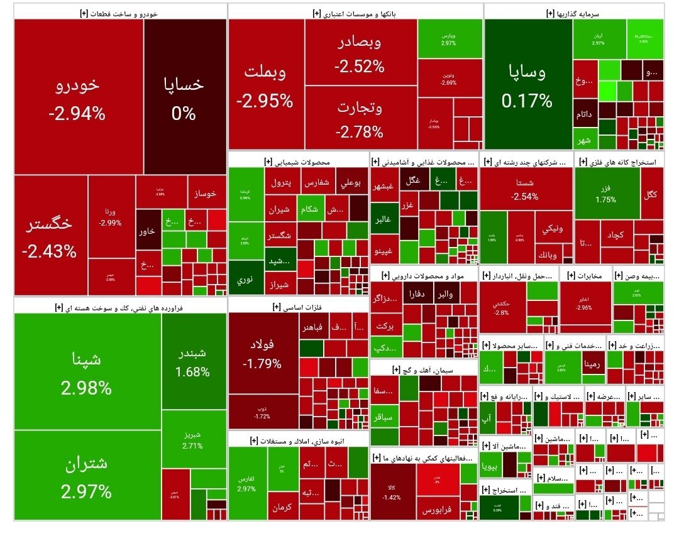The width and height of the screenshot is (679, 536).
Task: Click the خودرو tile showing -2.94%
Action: point(79,97)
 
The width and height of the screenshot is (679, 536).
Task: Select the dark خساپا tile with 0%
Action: point(185,97)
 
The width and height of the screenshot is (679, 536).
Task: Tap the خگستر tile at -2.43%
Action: point(50,236)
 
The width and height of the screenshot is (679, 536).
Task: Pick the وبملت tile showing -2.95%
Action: point(266,85)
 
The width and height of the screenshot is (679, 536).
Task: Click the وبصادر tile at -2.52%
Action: point(360,53)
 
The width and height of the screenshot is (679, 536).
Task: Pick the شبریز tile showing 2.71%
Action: point(192,439)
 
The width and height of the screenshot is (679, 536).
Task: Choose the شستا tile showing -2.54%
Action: point(526,189)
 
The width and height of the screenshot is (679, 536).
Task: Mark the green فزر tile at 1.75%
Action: point(607,193)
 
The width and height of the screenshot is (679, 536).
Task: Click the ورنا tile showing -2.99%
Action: point(111,217)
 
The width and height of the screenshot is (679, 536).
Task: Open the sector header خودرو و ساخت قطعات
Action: point(119,11)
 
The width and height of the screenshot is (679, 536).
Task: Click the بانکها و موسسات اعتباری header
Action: point(355,11)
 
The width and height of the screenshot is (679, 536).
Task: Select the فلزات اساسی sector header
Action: point(298,306)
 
